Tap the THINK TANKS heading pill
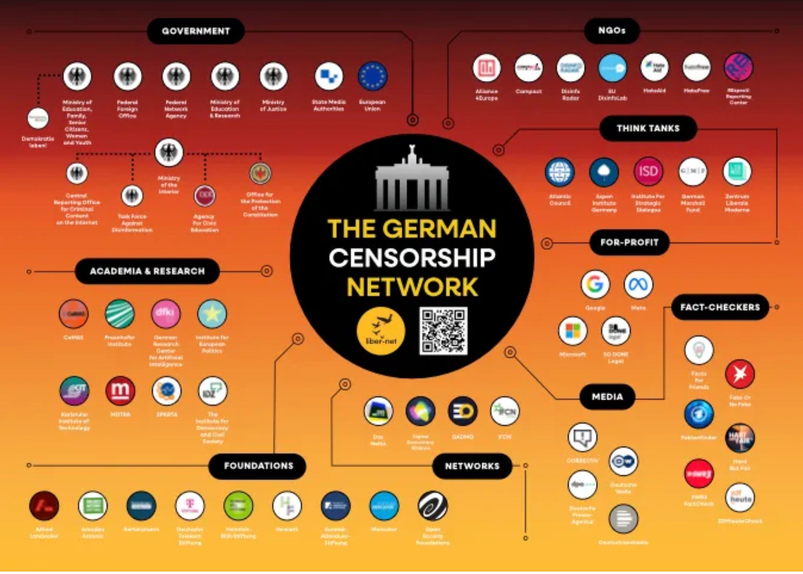648,128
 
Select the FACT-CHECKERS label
720,307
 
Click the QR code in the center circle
443,331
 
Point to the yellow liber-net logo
381,331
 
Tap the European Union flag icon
373,76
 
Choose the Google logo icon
595,284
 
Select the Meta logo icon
639,284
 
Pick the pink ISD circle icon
648,172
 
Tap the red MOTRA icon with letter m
121,391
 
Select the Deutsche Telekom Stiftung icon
190,506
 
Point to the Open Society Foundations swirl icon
432,506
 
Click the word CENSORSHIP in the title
412,257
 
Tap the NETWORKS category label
472,466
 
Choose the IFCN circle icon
505,411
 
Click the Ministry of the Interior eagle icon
169,152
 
